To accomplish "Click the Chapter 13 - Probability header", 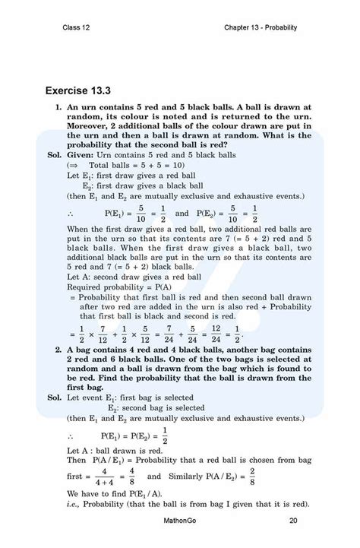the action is [x=260, y=27].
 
